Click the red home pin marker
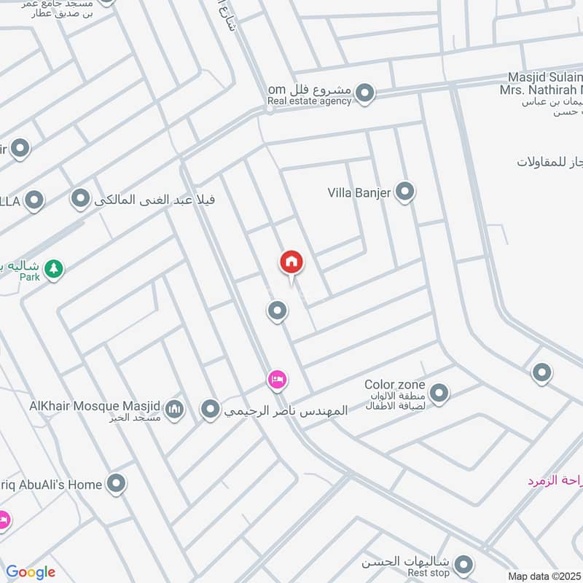291,262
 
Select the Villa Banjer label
359,193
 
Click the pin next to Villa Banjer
405,192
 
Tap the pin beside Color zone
439,394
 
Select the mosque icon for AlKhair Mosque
173,410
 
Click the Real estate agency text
309,101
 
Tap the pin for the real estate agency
365,93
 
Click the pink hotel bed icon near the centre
276,379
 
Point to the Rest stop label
427,573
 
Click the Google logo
30,572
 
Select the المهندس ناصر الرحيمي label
286,410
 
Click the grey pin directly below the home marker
276,311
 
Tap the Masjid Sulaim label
546,77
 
